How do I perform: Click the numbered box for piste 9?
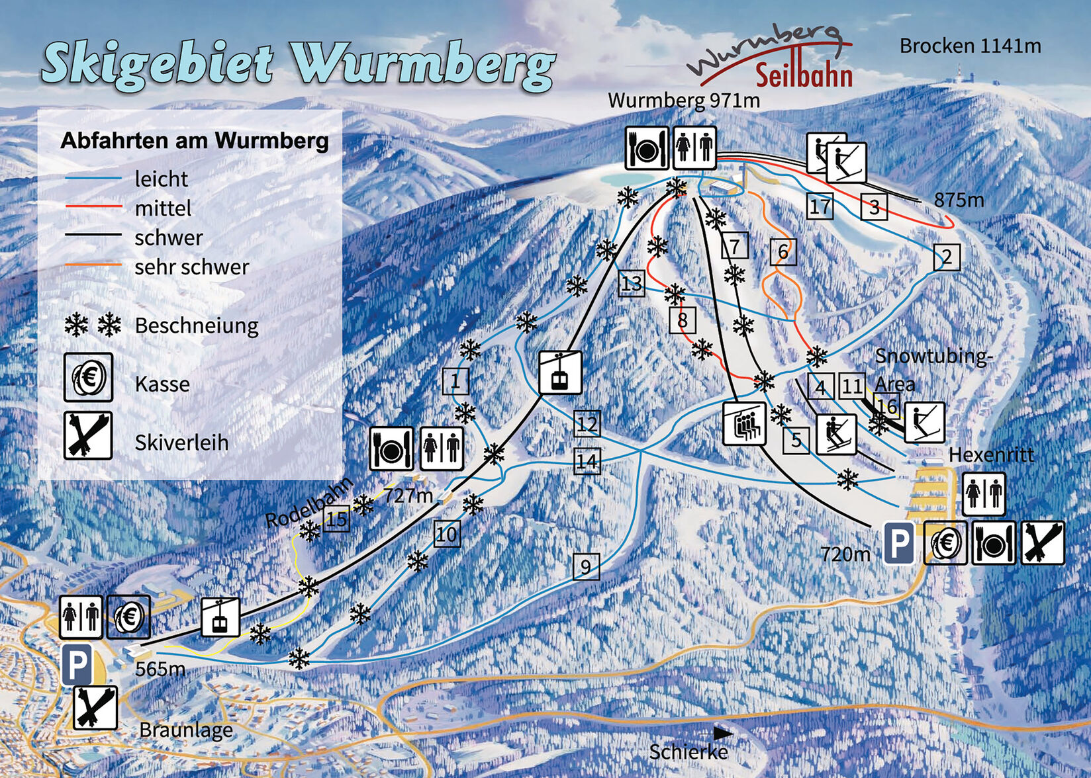tap(586, 567)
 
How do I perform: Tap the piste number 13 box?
tap(632, 284)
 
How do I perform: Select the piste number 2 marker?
tap(947, 257)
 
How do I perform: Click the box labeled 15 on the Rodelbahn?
tap(336, 519)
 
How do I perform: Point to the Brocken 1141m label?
tap(970, 46)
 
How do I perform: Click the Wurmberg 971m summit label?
tap(683, 101)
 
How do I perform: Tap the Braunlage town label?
tap(186, 730)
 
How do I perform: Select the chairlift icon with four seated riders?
tap(745, 423)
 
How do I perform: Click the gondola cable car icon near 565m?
tap(220, 617)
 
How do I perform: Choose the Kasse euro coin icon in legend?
tap(88, 378)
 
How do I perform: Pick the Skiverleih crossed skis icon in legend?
tap(88, 435)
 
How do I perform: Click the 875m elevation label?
tap(959, 200)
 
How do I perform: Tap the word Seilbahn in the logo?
tap(804, 75)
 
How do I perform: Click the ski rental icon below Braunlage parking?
tap(95, 707)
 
